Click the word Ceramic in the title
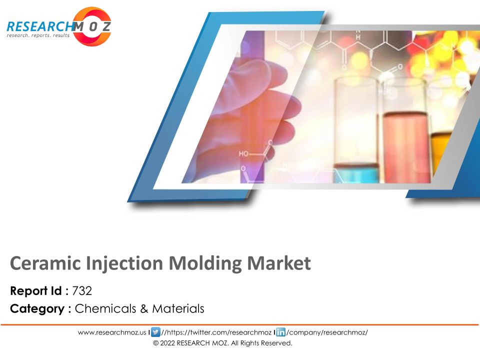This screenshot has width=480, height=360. pyautogui.click(x=45, y=263)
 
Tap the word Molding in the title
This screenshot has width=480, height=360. pyautogui.click(x=205, y=264)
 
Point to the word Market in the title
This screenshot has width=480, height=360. pyautogui.click(x=279, y=263)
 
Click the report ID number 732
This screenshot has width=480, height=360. pyautogui.click(x=82, y=291)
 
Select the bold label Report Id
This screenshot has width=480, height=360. pyautogui.click(x=36, y=291)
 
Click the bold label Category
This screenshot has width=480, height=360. pyautogui.click(x=37, y=309)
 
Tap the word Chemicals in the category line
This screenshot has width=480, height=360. pyautogui.click(x=105, y=308)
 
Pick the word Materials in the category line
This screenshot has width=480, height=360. pyautogui.click(x=178, y=308)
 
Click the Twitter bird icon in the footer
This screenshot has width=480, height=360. pyautogui.click(x=156, y=332)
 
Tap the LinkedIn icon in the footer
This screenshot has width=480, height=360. pyautogui.click(x=280, y=332)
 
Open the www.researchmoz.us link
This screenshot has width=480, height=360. pyautogui.click(x=112, y=332)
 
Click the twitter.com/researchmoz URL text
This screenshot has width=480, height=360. pyautogui.click(x=216, y=332)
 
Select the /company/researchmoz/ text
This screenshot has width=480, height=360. pyautogui.click(x=327, y=332)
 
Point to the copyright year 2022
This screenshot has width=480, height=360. pyautogui.click(x=167, y=343)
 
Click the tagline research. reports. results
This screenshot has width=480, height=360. pyautogui.click(x=38, y=35)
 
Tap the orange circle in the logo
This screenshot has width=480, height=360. pyautogui.click(x=92, y=26)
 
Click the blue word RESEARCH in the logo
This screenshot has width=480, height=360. pyautogui.click(x=40, y=26)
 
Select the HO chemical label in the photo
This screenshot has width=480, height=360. pyautogui.click(x=243, y=153)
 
